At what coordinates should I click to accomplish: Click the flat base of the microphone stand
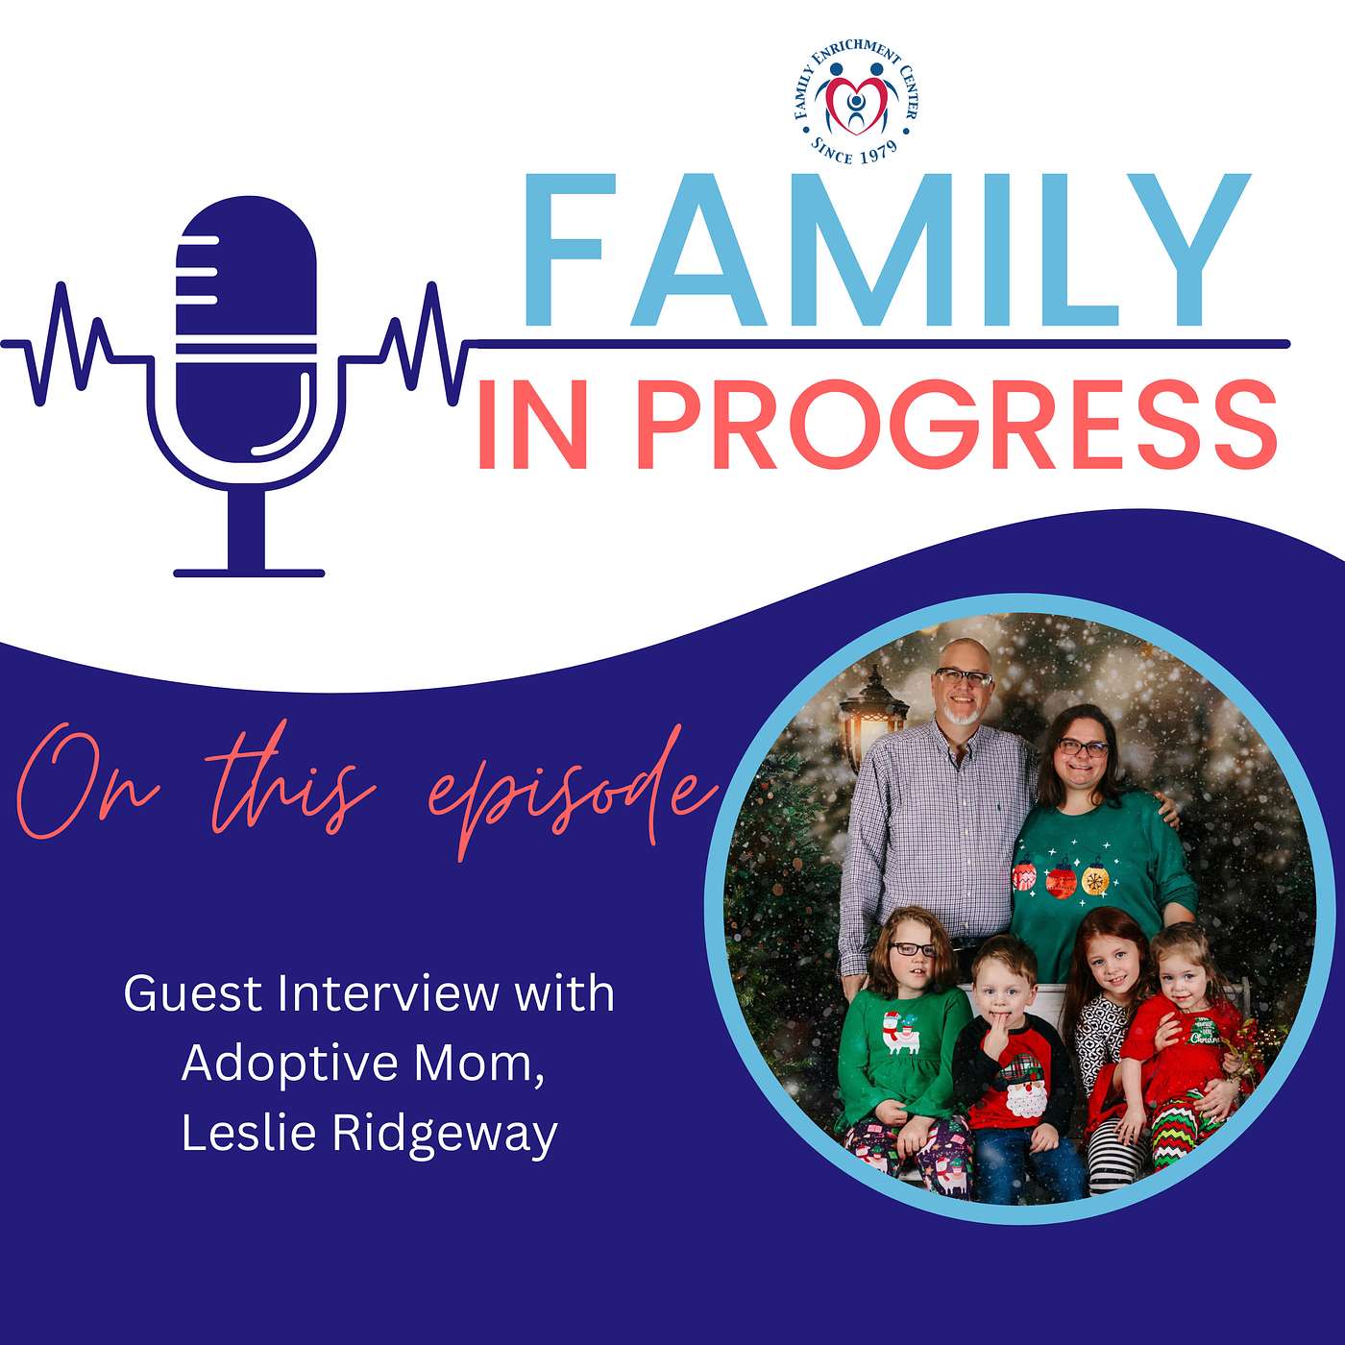[x=249, y=573]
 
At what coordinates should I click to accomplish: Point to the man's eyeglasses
[x=965, y=677]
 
